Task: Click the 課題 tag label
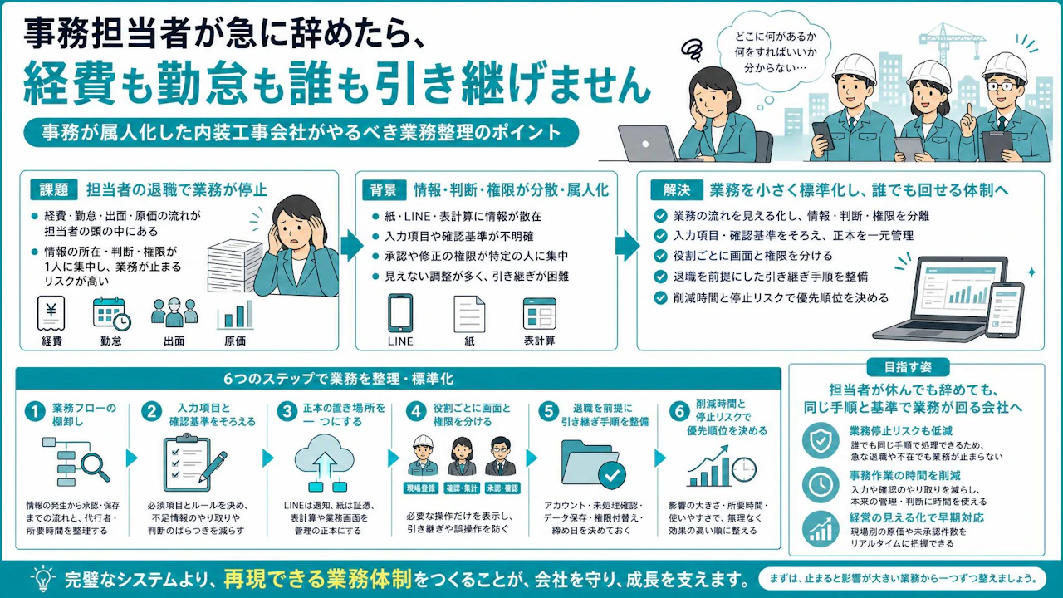tap(54, 190)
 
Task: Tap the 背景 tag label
tap(384, 190)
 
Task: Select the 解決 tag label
tap(676, 190)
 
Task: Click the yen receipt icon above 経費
tap(51, 313)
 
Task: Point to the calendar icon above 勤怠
tap(111, 314)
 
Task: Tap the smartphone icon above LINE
tap(400, 313)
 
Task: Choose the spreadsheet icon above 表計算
tap(540, 314)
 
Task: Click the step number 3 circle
tap(287, 411)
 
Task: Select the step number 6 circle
tap(679, 411)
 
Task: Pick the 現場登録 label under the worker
tap(421, 488)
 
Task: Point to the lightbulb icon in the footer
tap(42, 578)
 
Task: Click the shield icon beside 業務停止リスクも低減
tap(821, 440)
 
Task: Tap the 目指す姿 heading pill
tap(908, 367)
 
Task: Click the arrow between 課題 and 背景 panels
tap(351, 245)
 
